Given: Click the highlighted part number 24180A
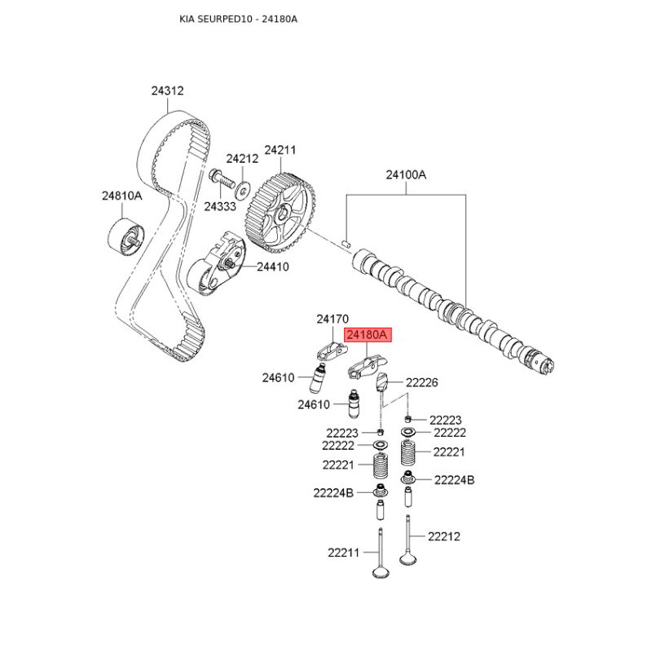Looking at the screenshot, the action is tap(368, 334).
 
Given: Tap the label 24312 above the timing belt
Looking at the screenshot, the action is tap(167, 90).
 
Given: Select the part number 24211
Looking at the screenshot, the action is tap(280, 150).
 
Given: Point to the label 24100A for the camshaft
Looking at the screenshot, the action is tap(406, 174).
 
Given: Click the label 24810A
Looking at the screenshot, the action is tap(121, 196).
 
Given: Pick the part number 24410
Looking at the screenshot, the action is tap(273, 267).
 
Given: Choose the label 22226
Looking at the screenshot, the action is tap(421, 382).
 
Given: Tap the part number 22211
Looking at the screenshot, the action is tap(343, 553).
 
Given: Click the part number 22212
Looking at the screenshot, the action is tap(444, 536).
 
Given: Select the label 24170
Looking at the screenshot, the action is tap(333, 319).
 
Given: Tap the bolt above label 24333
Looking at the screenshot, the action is tap(219, 178).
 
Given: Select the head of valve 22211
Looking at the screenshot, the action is tap(381, 573).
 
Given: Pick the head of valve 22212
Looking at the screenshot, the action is tap(408, 558).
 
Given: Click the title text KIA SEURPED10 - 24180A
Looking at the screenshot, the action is tap(238, 19).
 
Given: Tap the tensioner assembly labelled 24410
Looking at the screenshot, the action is tap(216, 264).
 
